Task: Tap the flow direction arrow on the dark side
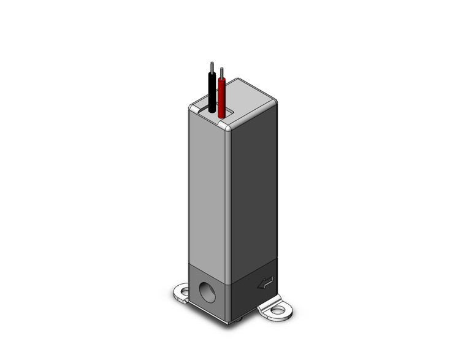(265, 283)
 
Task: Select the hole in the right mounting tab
(278, 310)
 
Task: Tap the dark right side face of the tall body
(251, 190)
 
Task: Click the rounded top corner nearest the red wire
(225, 126)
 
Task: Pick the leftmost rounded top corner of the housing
(193, 108)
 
